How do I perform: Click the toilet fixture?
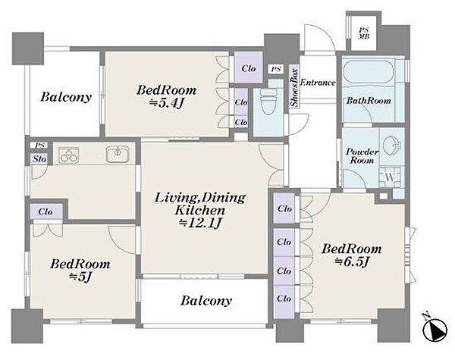[268, 102]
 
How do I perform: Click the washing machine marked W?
[391, 177]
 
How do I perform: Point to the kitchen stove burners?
[69, 155]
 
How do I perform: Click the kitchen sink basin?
[118, 154]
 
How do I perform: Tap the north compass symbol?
[434, 328]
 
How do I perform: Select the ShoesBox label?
[294, 88]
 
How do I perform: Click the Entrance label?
[318, 83]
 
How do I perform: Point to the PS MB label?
[363, 33]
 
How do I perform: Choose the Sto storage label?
[39, 159]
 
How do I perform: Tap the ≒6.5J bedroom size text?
[352, 262]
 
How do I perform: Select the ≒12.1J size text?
[200, 223]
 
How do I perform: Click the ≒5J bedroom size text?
[80, 277]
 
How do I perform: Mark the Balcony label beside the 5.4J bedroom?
[66, 97]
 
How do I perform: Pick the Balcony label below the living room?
[206, 301]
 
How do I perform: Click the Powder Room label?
[362, 156]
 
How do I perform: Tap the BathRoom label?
[369, 101]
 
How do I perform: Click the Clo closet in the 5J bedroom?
[45, 211]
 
